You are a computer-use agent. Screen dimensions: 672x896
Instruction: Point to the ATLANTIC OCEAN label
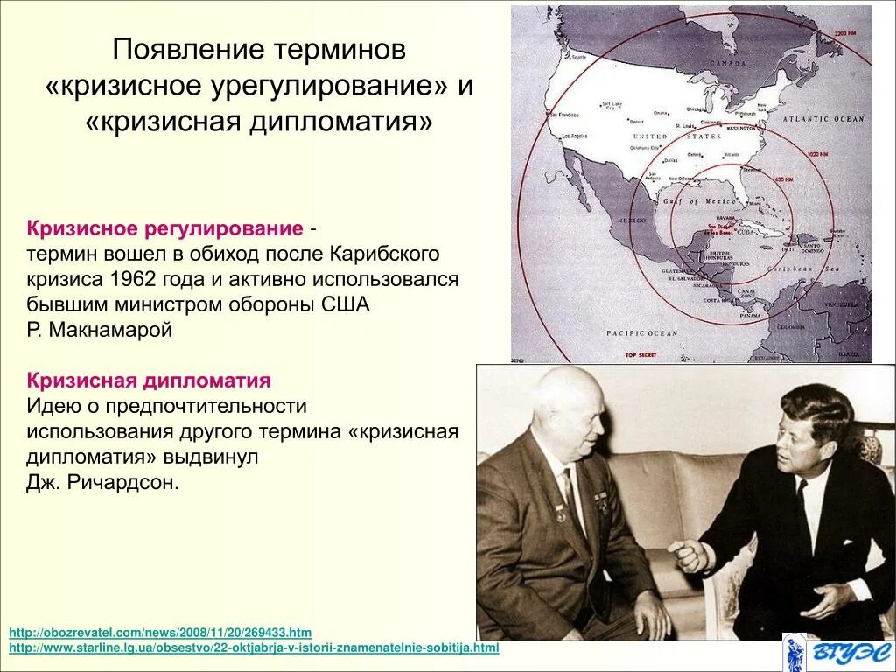822,119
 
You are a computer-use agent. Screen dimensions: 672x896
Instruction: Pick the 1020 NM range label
818,154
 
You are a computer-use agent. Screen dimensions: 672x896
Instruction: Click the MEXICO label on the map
631,220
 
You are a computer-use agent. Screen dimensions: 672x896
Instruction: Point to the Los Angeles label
575,136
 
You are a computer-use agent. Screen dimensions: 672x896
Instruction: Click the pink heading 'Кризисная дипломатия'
149,381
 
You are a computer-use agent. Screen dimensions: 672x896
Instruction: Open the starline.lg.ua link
254,647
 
